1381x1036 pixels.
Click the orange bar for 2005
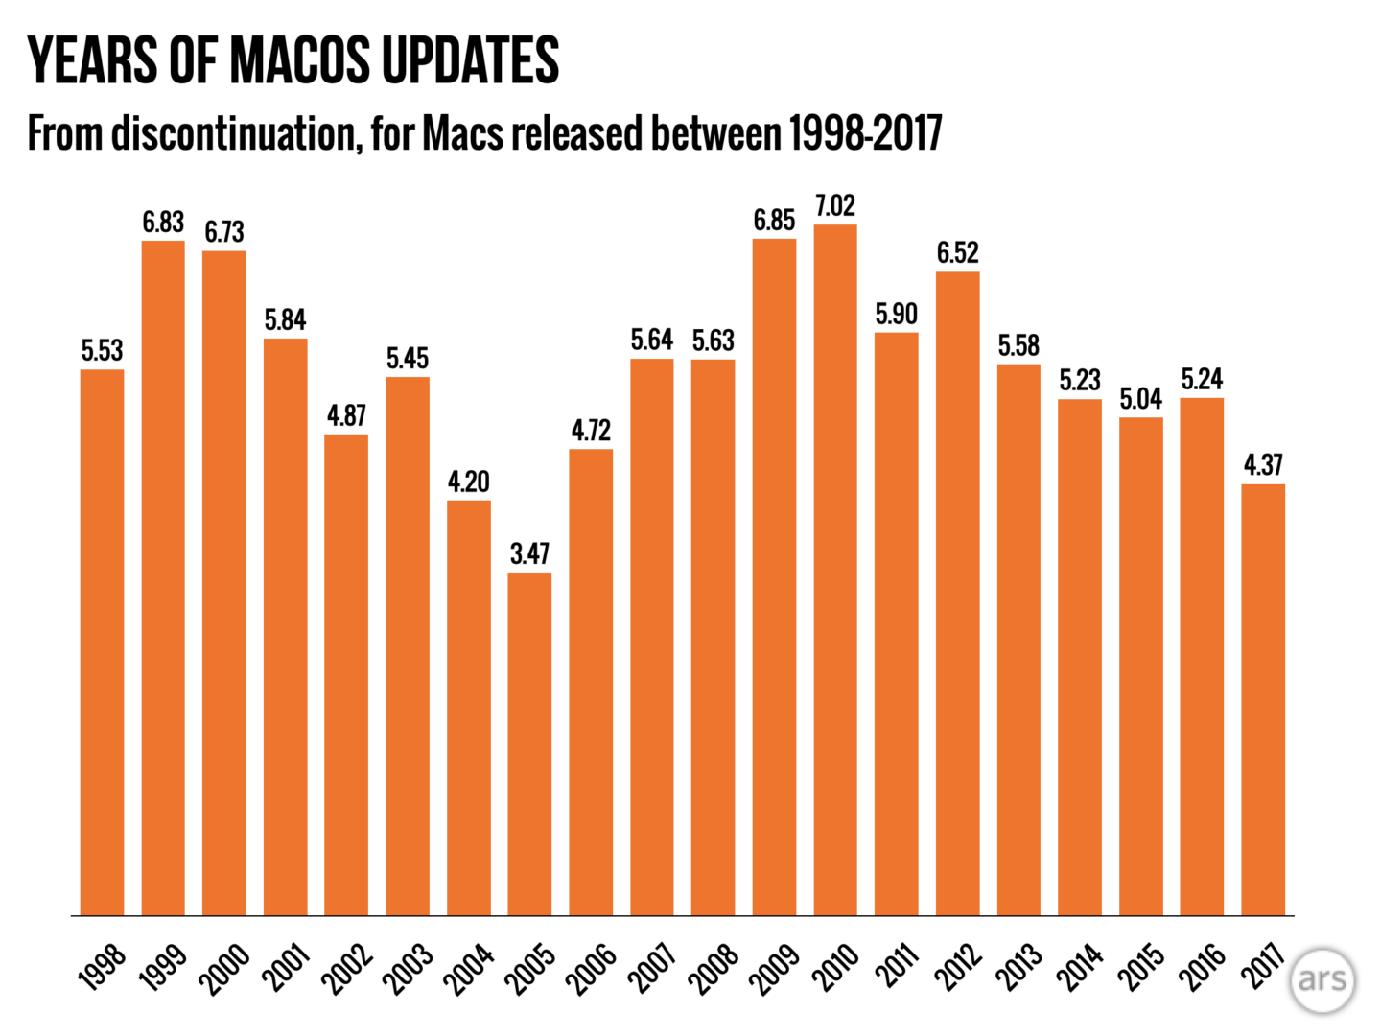tap(529, 743)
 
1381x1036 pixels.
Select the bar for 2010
tap(835, 570)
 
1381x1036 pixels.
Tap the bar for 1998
tap(102, 642)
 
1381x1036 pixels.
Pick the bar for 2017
tap(1263, 699)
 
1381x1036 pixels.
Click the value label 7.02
tap(835, 206)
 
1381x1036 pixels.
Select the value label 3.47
tap(529, 553)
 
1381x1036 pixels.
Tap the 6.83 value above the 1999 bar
tap(163, 223)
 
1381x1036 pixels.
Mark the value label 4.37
tap(1263, 465)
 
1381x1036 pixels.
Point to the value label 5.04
tap(1141, 399)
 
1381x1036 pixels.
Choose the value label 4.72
tap(591, 431)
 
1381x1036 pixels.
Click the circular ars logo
tap(1322, 979)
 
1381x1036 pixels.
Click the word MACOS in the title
tap(300, 60)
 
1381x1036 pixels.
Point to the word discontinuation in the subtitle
tap(234, 133)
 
